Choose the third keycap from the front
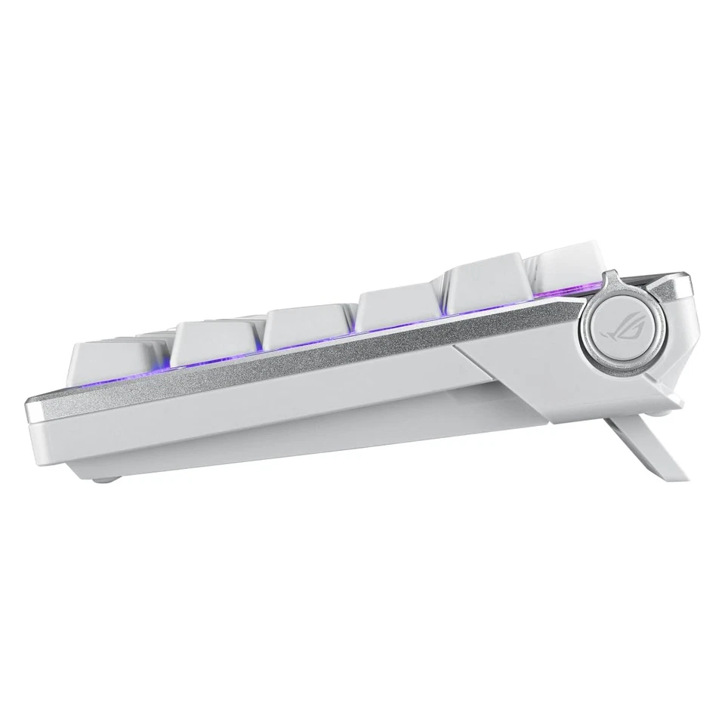tap(306, 325)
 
